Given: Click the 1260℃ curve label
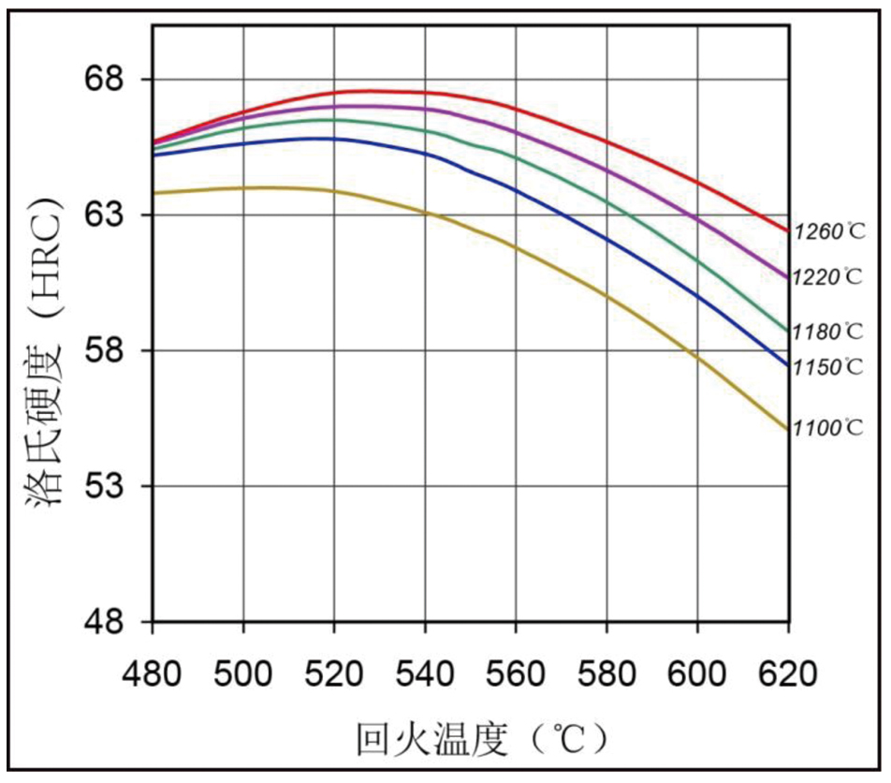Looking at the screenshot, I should point(828,231).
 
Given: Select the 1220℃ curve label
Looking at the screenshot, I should point(828,277).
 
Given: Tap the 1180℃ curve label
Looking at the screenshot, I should point(828,332).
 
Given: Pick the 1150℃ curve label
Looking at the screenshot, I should point(828,367).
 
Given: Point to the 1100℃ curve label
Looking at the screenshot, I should point(828,428).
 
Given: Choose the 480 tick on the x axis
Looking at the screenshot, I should point(153,673).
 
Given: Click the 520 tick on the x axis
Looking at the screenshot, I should point(334,673).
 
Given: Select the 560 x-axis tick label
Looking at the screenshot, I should point(516,673).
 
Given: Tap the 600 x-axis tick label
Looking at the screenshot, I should point(697,673).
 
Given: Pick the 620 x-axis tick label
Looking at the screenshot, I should point(788,673).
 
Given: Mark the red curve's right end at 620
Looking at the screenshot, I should point(788,230).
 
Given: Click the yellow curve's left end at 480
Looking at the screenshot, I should point(153,193).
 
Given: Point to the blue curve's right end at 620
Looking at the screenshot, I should point(788,364).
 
